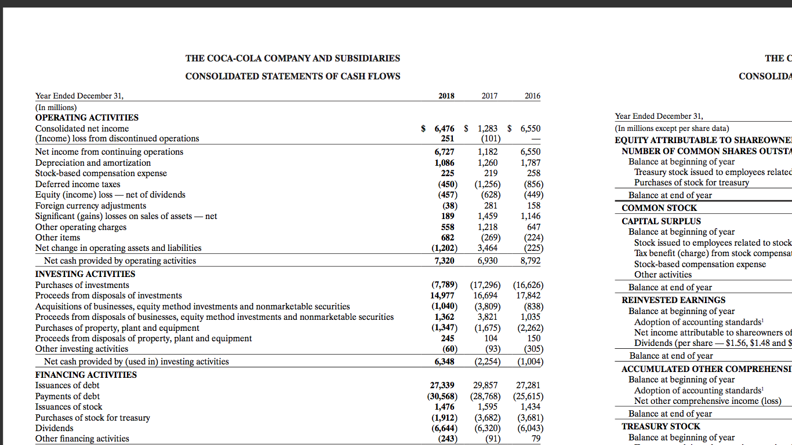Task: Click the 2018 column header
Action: pos(446,96)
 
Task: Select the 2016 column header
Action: pos(532,96)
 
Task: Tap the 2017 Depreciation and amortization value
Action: pos(488,163)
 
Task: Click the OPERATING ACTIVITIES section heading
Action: pos(87,118)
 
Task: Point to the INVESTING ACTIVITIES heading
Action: pos(85,274)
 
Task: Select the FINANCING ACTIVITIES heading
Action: pos(86,375)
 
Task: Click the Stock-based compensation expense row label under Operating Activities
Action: pos(101,173)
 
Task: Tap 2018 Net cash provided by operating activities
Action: pos(444,261)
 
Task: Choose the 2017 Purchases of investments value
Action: pos(486,285)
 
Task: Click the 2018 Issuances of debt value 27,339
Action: pos(442,385)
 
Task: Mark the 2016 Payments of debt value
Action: pos(528,396)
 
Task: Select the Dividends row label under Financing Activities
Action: pos(55,428)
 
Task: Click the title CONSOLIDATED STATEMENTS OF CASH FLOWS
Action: pos(292,76)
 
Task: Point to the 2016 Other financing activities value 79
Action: pos(536,439)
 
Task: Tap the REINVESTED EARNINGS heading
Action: pos(673,300)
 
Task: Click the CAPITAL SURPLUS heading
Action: pos(661,221)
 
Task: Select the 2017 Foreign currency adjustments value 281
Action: pos(491,206)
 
